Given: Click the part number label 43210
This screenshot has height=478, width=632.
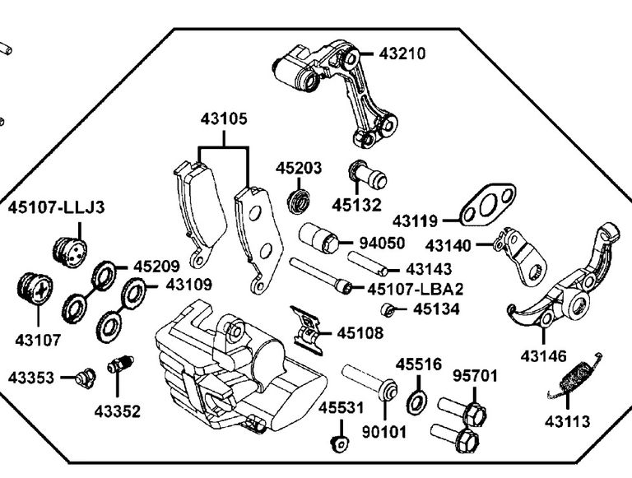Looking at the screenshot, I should coord(402,54).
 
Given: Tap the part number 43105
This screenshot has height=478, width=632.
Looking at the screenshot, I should coord(224,119).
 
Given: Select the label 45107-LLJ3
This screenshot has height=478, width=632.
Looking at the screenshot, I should coord(57,207).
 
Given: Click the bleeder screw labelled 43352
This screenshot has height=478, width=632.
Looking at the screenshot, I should coord(119,364).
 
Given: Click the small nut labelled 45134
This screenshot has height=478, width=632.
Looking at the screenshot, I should coord(386,310).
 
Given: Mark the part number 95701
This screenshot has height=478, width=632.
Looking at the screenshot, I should coord(476,377).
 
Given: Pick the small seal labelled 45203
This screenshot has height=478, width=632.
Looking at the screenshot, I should coord(299,200).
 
